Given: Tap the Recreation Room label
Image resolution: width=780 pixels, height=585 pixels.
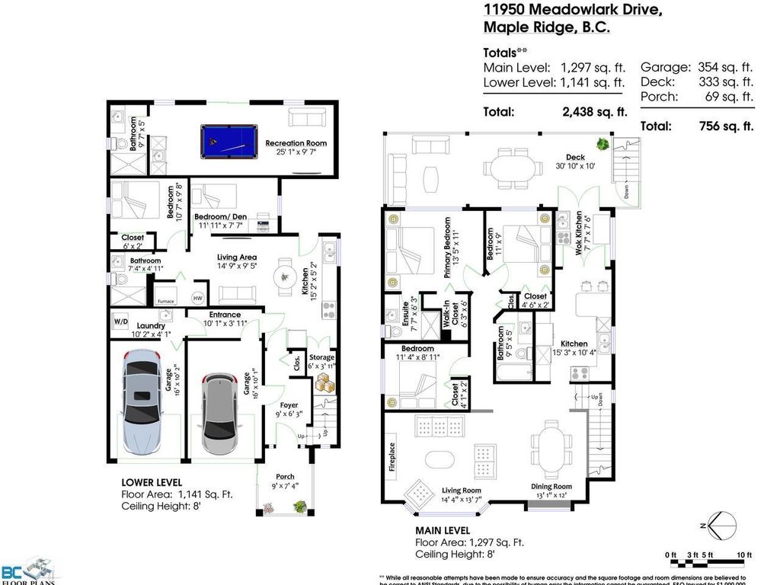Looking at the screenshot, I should point(295,143).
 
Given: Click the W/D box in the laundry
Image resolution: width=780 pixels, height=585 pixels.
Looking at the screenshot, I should point(121,320).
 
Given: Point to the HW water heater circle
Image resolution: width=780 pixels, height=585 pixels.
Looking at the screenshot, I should point(197,298).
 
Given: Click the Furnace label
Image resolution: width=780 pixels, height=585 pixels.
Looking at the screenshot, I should point(166,301).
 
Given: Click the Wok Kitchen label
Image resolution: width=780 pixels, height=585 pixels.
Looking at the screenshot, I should point(579,235).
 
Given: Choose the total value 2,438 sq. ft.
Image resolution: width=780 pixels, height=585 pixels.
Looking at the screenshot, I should point(591,112).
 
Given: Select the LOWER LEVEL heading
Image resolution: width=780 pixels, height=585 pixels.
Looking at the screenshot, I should point(152,482).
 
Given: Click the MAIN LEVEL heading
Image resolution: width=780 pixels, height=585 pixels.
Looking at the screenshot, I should point(442,530).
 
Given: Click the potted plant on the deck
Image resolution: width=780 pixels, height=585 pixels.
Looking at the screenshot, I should point(603,143).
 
